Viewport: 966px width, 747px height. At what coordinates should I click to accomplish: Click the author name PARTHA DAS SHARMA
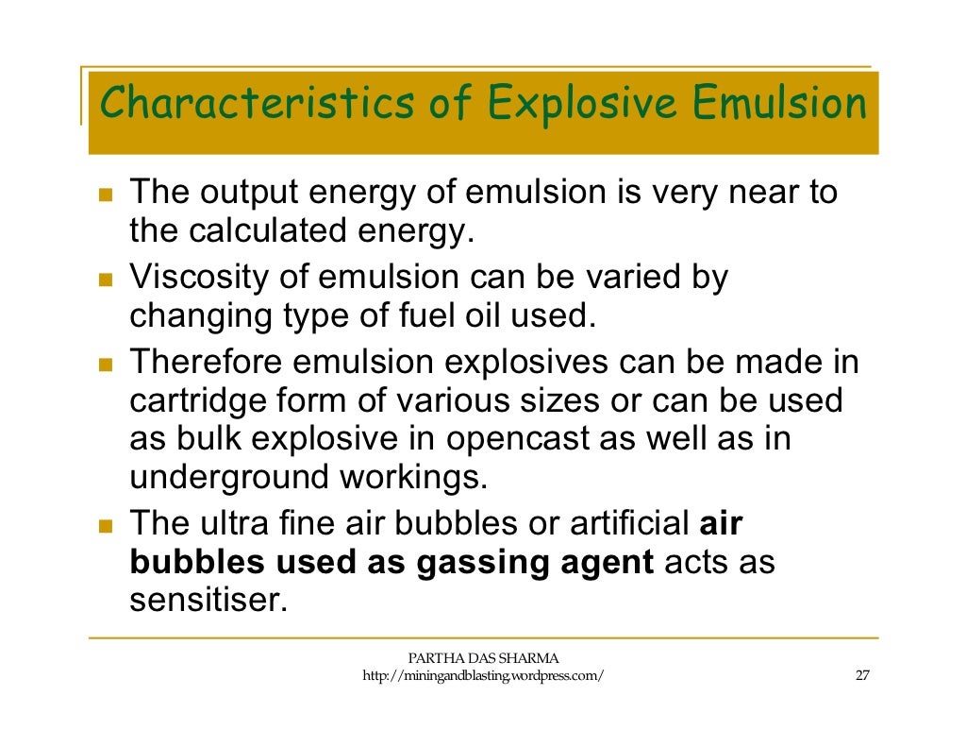[x=483, y=658]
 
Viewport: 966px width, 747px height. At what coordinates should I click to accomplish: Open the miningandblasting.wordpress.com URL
[x=483, y=676]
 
